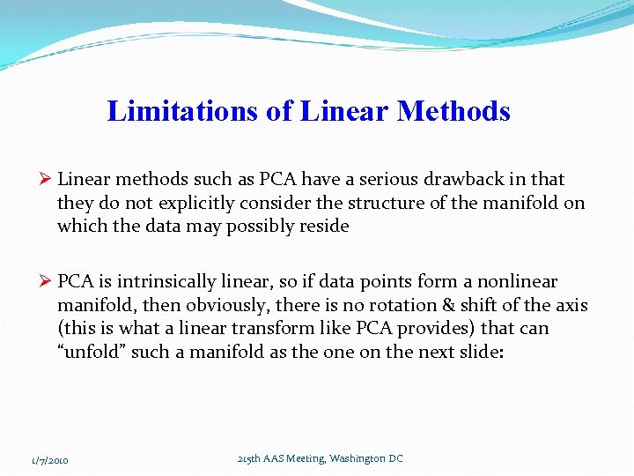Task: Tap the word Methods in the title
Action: (453, 111)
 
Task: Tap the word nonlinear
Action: (519, 282)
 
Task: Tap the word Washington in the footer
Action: (357, 458)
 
